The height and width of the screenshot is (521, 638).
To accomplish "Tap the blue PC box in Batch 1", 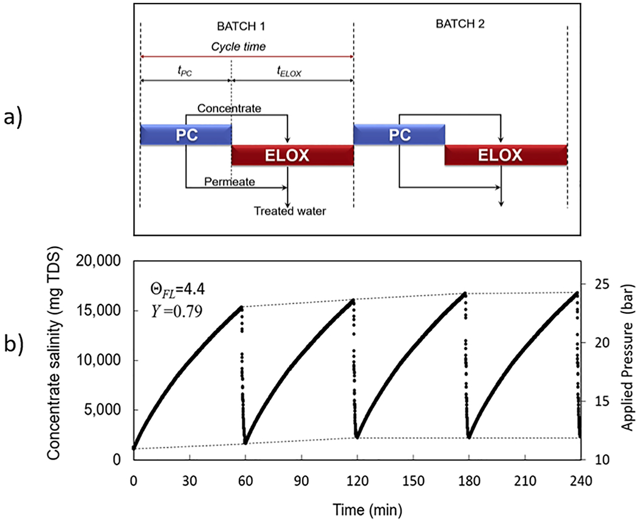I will [x=185, y=134].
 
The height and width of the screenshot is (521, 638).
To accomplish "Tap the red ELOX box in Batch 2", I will [x=506, y=155].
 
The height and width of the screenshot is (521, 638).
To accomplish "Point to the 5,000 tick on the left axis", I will [x=103, y=410].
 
